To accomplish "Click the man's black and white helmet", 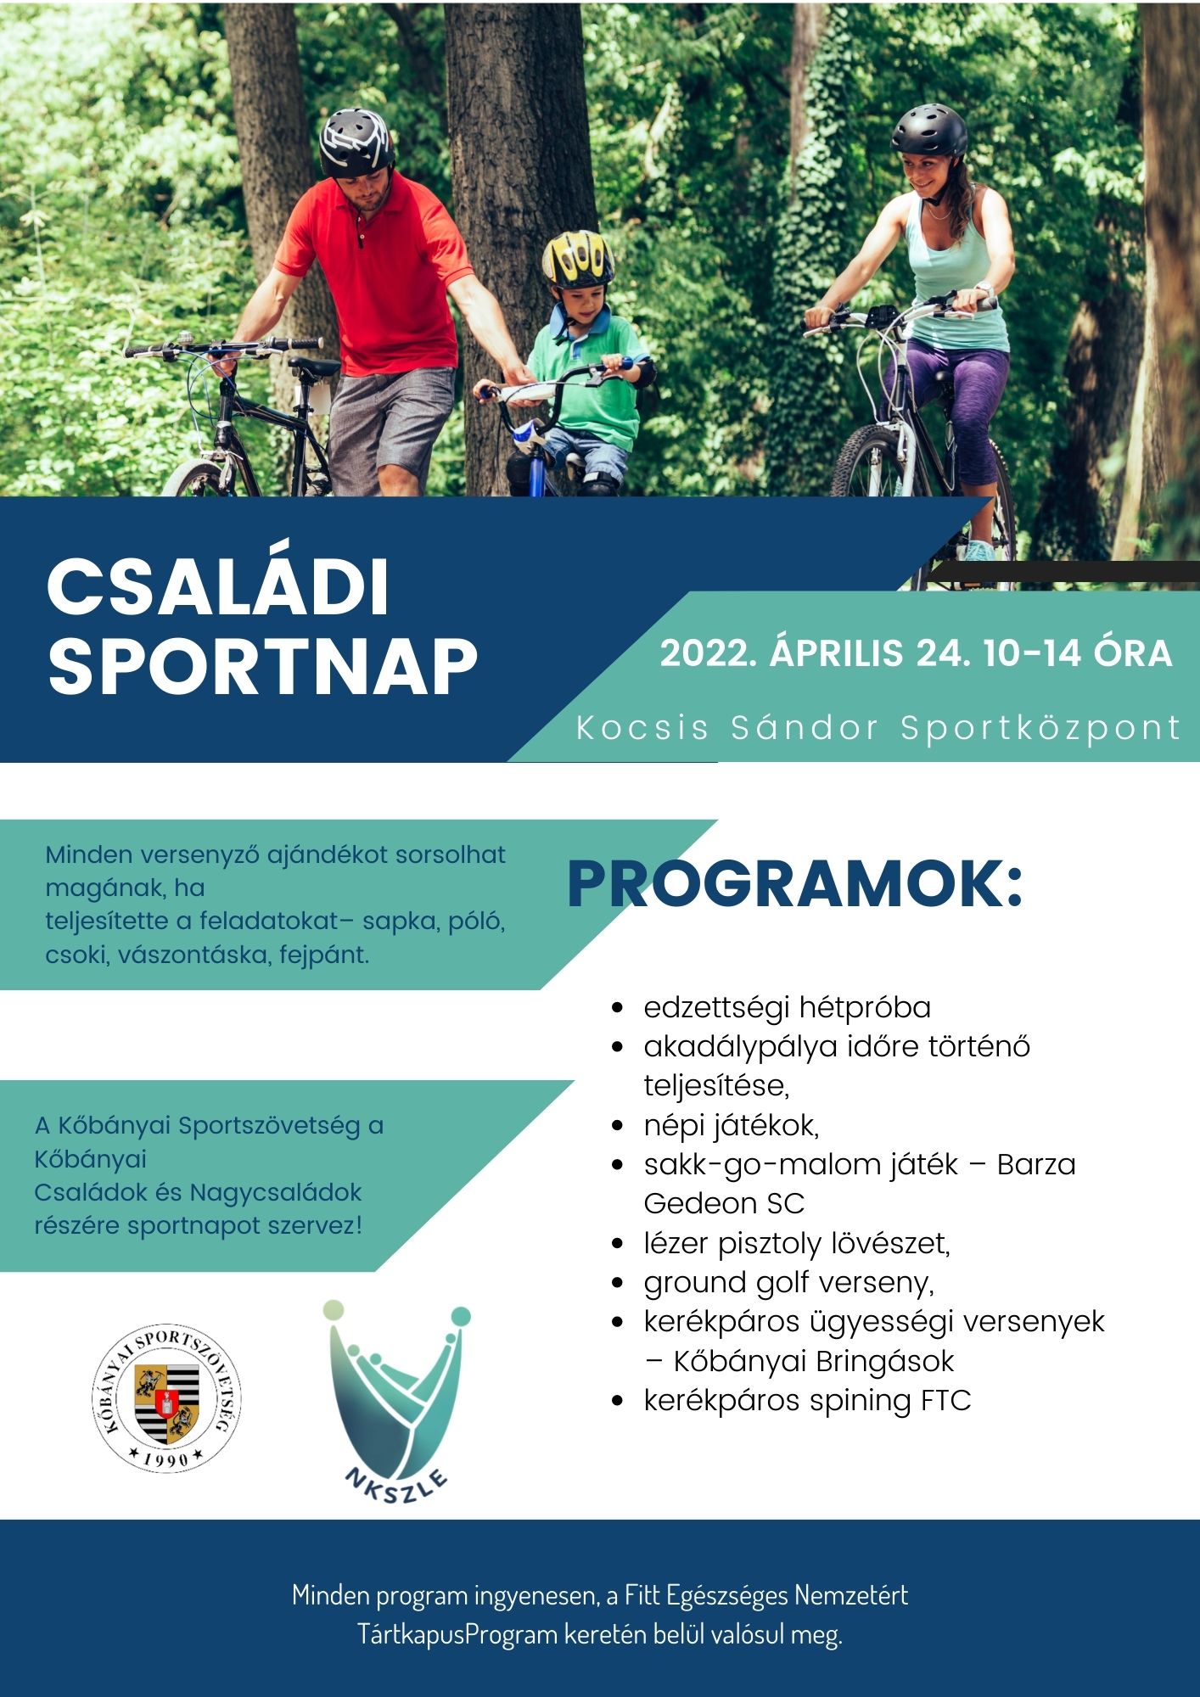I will (x=357, y=142).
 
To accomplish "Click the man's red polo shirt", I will (x=382, y=272).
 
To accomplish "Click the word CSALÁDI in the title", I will (x=218, y=587).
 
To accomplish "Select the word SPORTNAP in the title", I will (x=262, y=666).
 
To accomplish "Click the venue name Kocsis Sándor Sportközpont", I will (x=878, y=728).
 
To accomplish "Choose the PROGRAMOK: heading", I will (x=795, y=885).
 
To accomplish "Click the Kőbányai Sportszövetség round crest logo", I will (x=166, y=1397).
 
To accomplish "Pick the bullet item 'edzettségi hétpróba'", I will (x=787, y=1007).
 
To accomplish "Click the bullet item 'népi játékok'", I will (x=731, y=1125).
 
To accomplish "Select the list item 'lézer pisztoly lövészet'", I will (x=796, y=1243).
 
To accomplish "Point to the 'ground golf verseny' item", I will (x=788, y=1282).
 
